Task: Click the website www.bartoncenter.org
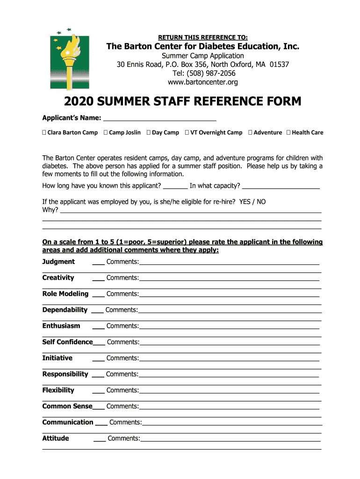coord(203,82)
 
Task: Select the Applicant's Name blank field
coord(159,117)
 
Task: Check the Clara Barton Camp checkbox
coord(44,133)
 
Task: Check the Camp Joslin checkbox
coord(106,133)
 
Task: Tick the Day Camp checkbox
coord(148,133)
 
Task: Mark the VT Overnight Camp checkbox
coord(187,133)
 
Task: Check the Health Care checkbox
coord(288,133)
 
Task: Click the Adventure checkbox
coord(250,133)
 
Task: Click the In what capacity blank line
coord(281,186)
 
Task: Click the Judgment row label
coord(58,262)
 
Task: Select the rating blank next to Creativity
coord(98,279)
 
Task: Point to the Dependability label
coord(65,310)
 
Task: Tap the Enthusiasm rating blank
coord(98,327)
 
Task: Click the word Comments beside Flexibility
coord(122,391)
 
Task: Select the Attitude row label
coord(56,439)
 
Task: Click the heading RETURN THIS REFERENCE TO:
coord(203,37)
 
